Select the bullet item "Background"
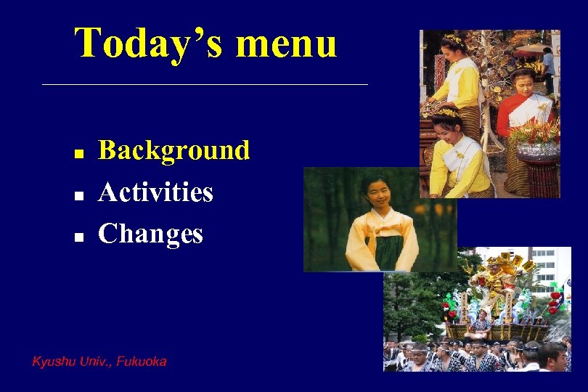tap(173, 150)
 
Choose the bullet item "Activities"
tap(155, 192)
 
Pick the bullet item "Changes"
tap(150, 234)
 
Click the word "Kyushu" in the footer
tap(52, 361)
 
